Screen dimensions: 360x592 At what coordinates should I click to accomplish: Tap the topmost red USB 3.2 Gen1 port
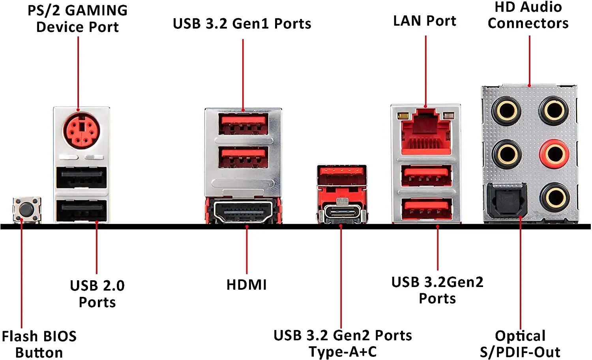point(244,124)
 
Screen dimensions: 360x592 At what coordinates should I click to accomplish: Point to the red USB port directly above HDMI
point(244,157)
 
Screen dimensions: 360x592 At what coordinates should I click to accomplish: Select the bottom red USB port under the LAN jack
point(426,209)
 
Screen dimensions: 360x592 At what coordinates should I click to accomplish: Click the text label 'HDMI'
point(246,285)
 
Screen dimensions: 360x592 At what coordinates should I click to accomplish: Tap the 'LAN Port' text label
point(425,21)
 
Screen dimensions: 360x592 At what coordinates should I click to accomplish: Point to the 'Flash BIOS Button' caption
point(39,344)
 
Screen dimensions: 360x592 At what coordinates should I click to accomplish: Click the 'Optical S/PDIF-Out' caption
point(520,344)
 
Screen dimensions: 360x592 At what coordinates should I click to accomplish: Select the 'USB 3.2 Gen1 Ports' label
point(242,24)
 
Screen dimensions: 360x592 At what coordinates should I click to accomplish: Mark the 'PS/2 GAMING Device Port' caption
point(77,19)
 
